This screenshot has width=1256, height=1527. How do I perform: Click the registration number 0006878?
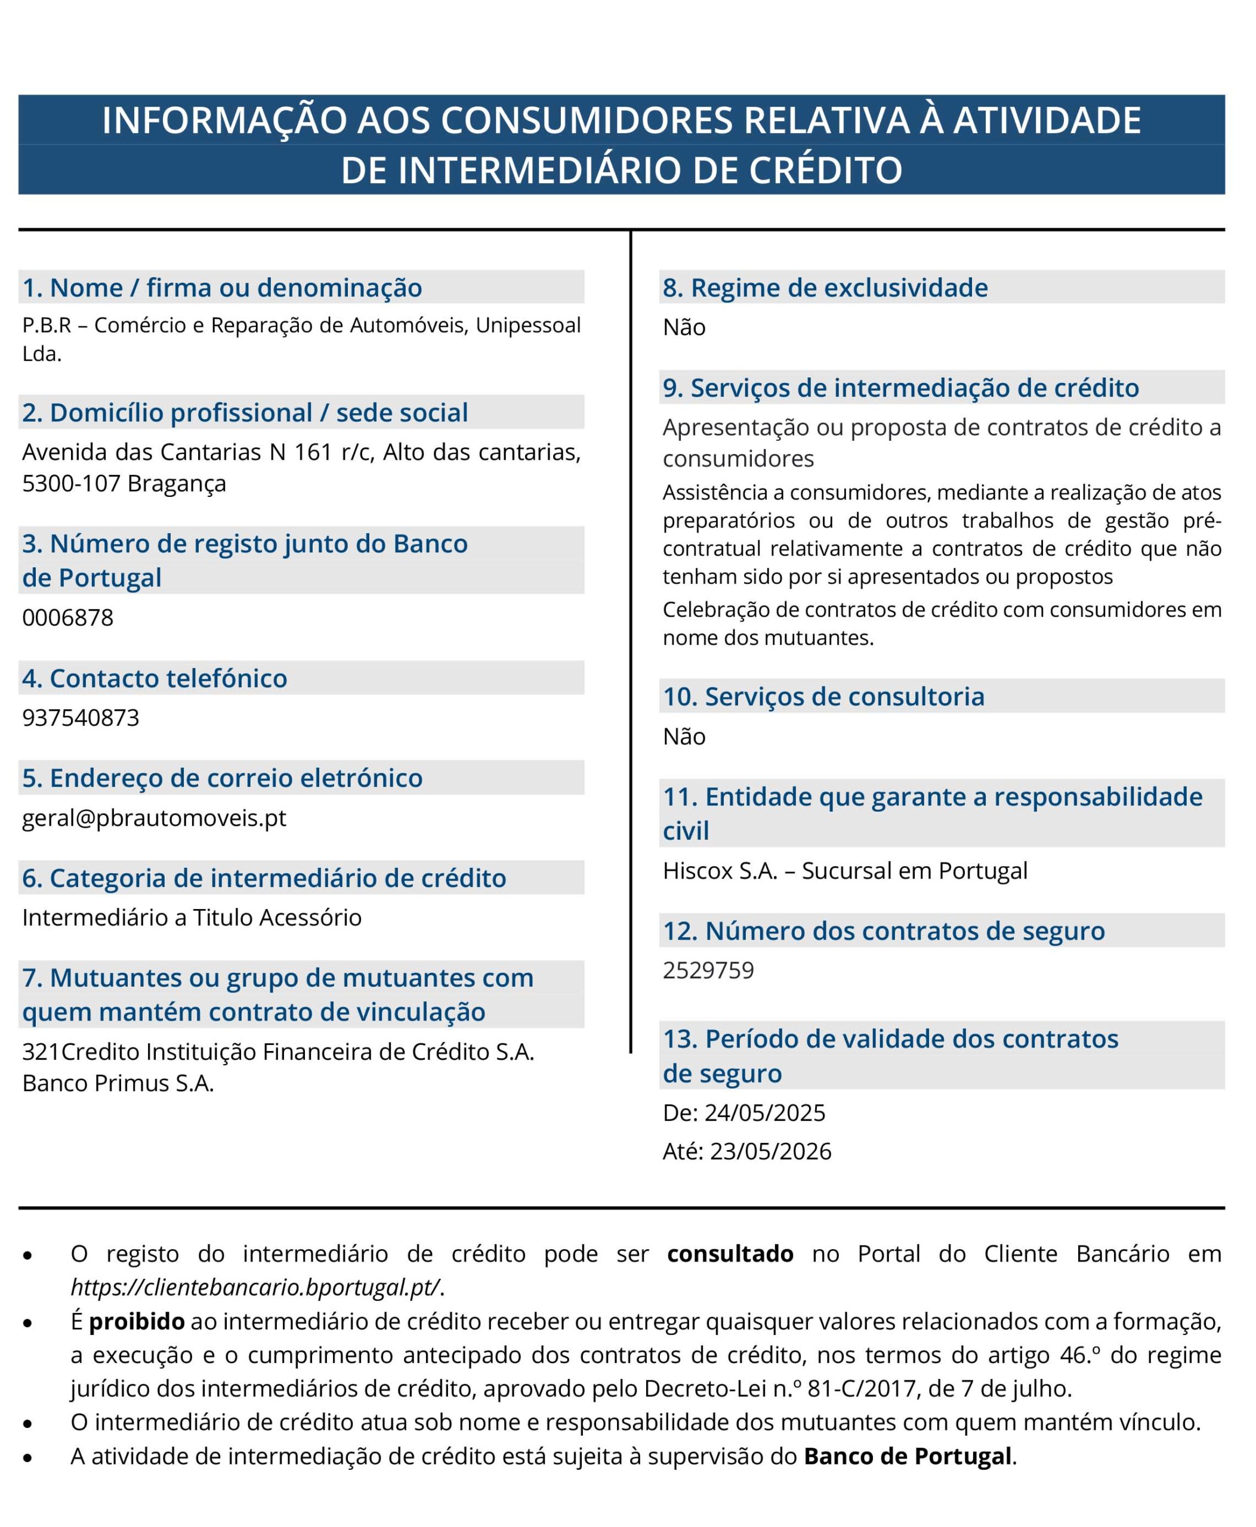[x=68, y=618]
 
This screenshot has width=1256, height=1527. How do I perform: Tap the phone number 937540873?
[x=81, y=718]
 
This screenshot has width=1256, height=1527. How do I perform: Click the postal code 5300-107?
[x=71, y=483]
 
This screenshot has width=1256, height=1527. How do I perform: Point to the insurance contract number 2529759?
[x=708, y=970]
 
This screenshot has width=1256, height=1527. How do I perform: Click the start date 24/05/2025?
[x=765, y=1112]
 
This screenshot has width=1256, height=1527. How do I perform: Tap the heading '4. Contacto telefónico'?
[x=155, y=679]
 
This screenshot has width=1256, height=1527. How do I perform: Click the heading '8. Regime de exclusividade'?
[x=825, y=288]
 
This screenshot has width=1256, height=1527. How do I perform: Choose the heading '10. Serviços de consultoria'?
[x=823, y=697]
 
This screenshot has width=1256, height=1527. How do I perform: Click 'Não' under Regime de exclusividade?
[x=684, y=327]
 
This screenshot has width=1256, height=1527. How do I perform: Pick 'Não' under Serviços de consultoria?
[x=684, y=737]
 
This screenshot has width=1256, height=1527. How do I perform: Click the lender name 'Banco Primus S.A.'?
[x=118, y=1083]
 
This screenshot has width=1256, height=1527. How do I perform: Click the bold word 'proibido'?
[x=137, y=1322]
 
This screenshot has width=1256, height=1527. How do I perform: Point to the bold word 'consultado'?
[x=730, y=1254]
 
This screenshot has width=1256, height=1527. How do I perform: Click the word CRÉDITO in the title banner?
[x=825, y=170]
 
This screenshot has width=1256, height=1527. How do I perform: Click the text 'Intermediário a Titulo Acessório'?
[x=192, y=917]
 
